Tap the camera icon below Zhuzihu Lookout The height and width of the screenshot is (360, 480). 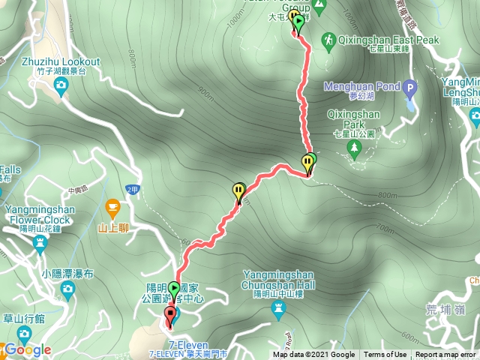click(61, 87)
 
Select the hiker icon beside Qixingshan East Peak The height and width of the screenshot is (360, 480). click(328, 38)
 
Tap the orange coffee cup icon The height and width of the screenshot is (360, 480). click(112, 205)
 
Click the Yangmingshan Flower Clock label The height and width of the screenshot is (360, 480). click(35, 214)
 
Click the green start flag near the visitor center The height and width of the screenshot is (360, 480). click(174, 289)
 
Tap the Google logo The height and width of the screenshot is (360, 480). click(27, 349)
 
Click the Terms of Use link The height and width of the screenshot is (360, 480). click(385, 355)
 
